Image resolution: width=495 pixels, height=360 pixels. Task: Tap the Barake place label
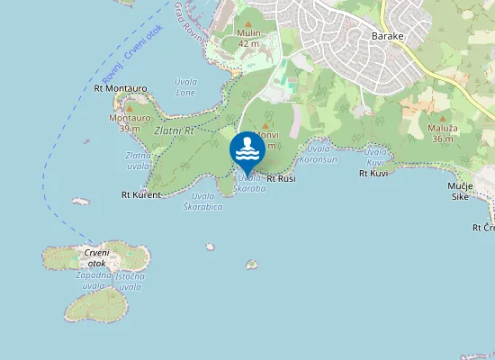(389, 36)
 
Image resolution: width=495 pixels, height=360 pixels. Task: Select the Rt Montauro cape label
(120, 88)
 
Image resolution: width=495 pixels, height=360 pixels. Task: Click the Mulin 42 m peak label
(249, 37)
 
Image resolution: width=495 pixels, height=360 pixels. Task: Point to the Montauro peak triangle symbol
(129, 108)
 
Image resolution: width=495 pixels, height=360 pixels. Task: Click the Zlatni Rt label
(174, 131)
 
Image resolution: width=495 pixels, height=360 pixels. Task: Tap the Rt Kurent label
(141, 194)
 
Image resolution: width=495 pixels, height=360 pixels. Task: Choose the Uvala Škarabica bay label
(202, 201)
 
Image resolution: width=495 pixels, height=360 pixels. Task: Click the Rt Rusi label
(281, 179)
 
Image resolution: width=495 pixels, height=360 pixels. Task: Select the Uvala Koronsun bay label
(321, 154)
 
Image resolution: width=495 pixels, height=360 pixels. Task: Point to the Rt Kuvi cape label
(373, 173)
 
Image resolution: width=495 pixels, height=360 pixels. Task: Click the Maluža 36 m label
(442, 133)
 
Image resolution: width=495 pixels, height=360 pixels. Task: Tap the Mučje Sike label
(460, 191)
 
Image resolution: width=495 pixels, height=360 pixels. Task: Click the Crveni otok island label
(96, 258)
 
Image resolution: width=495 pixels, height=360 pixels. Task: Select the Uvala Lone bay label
(185, 87)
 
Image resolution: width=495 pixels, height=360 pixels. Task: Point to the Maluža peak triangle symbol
(442, 116)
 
